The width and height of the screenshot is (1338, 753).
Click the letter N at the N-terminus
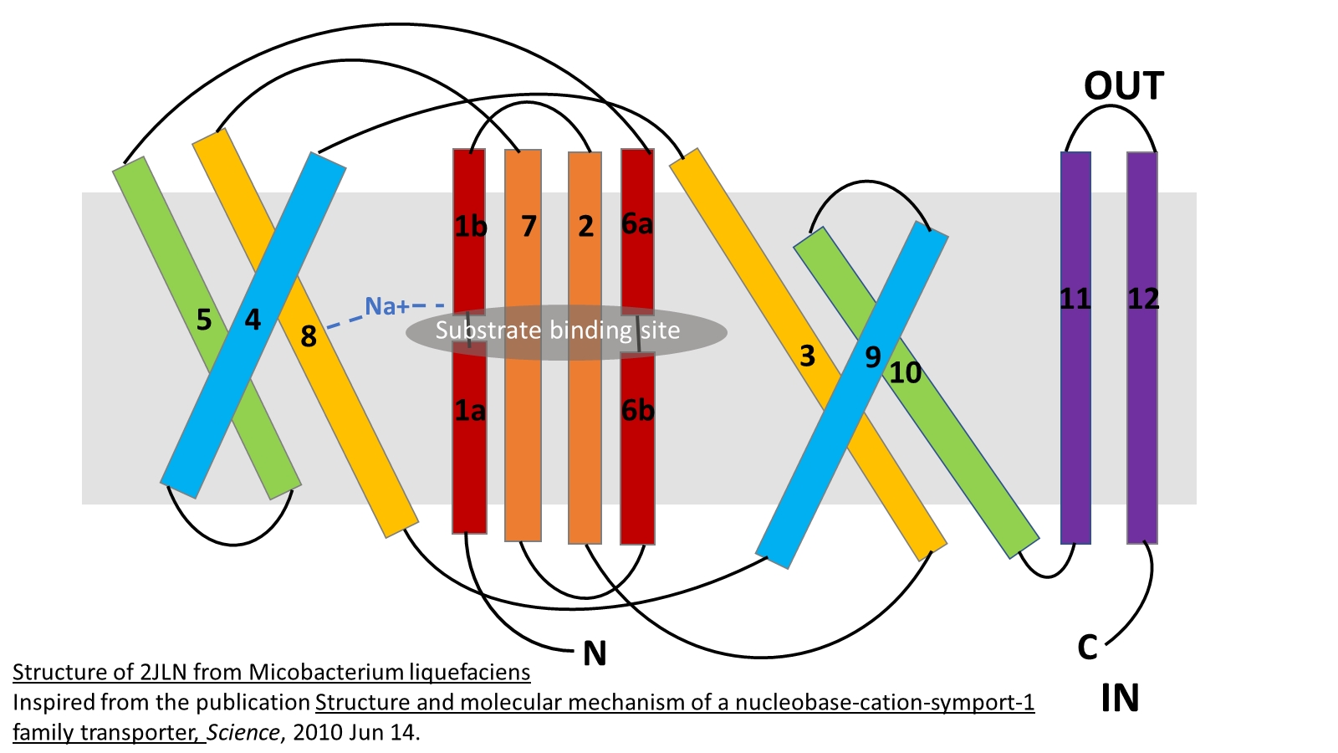click(x=595, y=653)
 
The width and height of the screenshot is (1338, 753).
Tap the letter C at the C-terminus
click(x=1087, y=648)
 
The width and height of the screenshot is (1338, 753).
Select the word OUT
click(x=1123, y=86)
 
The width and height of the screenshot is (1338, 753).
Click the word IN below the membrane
click(x=1120, y=699)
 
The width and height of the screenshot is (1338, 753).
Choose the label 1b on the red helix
click(x=471, y=227)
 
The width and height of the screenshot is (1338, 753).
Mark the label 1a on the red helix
click(x=470, y=411)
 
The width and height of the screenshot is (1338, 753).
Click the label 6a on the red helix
click(x=637, y=224)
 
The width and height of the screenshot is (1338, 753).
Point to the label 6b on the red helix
click(x=637, y=411)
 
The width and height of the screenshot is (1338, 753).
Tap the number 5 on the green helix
click(x=204, y=320)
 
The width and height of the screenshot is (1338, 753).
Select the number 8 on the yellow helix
click(x=309, y=336)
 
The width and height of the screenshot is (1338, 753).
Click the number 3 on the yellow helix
click(x=807, y=356)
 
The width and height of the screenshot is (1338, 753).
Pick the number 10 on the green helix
click(x=905, y=373)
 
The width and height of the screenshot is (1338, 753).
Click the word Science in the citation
click(x=243, y=733)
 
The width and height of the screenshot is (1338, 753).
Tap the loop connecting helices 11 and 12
click(x=1109, y=112)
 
